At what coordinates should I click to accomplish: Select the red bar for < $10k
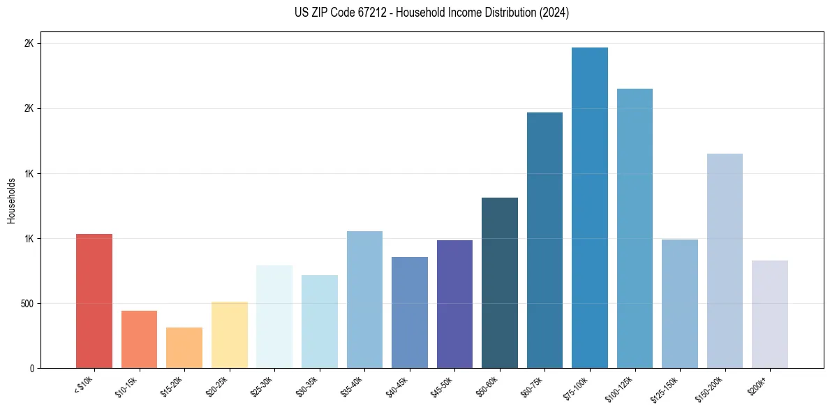click(x=94, y=301)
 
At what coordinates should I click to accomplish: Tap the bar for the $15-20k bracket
click(x=184, y=348)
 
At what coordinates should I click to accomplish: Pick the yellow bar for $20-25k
click(x=230, y=334)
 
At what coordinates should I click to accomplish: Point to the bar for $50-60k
click(x=500, y=283)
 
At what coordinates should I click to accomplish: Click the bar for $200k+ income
click(x=770, y=314)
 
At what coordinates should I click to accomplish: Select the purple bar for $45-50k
click(x=454, y=304)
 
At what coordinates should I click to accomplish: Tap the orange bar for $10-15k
click(x=140, y=339)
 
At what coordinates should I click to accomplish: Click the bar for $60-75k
click(x=544, y=240)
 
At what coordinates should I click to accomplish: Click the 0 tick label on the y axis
click(x=31, y=369)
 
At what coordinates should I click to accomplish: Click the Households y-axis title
click(x=12, y=200)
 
